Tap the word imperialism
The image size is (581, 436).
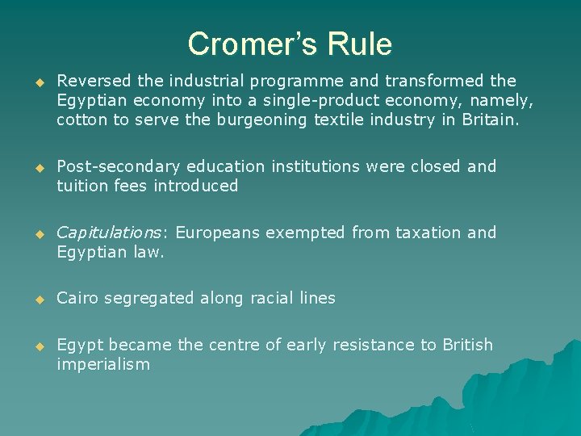point(103,365)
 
